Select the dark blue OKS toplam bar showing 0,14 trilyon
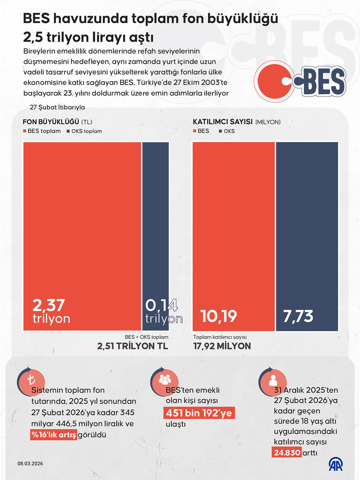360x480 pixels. coord(156,225)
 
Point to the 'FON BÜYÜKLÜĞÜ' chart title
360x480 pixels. coord(51,122)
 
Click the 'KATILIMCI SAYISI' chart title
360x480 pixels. coord(223,122)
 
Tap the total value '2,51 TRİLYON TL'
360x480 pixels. coord(132,346)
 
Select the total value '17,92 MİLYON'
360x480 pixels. coord(222,346)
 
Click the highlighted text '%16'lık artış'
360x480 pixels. coord(54,435)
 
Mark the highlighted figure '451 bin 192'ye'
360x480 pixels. coord(199,413)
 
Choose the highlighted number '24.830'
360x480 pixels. coord(287,453)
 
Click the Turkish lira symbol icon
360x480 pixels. coord(31,380)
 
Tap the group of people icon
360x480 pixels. coord(165,379)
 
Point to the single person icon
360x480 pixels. coord(273,380)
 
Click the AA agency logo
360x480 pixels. coord(336,464)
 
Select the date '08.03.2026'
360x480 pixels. coord(30,464)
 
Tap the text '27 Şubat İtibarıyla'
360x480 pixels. coord(57,107)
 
